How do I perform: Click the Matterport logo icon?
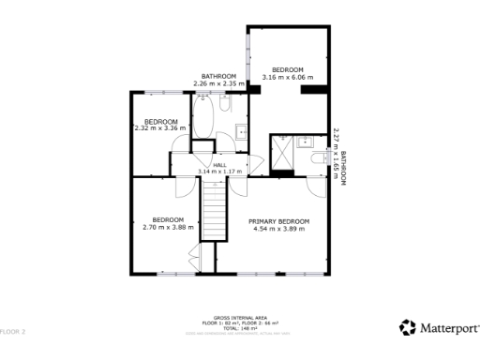click(x=407, y=327)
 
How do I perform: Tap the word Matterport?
click(x=448, y=328)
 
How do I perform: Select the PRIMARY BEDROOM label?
click(x=278, y=221)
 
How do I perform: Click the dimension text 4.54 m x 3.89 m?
click(x=278, y=229)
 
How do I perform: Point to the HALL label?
click(x=219, y=165)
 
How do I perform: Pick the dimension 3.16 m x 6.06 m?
click(x=288, y=78)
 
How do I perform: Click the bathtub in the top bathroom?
click(x=202, y=118)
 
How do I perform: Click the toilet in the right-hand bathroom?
click(x=316, y=160)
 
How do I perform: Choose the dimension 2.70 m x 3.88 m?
click(x=168, y=227)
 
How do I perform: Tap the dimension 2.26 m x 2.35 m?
click(x=218, y=84)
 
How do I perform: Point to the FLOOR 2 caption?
click(x=13, y=332)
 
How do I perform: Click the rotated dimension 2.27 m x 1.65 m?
click(x=336, y=155)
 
